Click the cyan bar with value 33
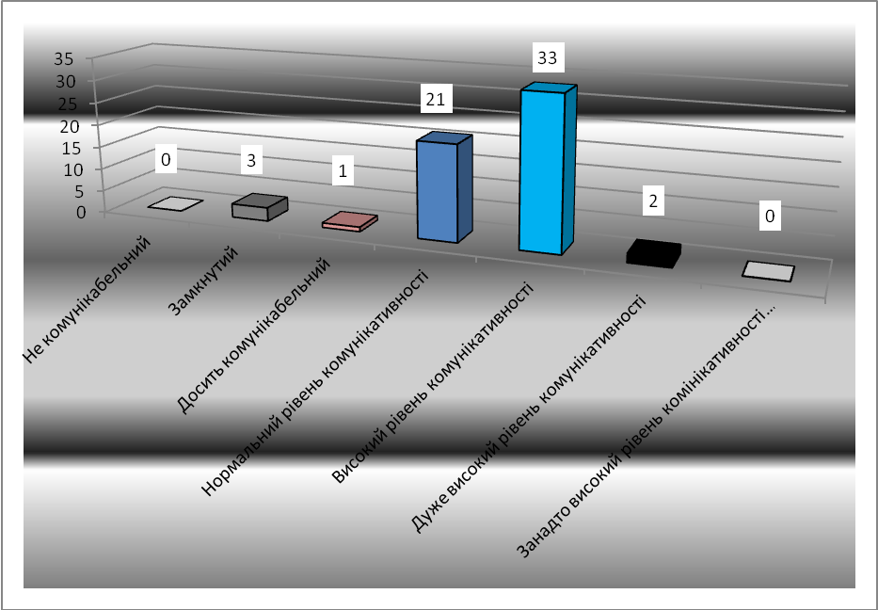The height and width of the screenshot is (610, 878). [x=543, y=171]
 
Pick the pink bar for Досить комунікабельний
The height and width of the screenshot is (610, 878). [x=349, y=221]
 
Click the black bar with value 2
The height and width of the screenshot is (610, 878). [x=652, y=253]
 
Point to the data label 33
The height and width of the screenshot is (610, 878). [x=546, y=58]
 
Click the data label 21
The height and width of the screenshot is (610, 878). [x=439, y=97]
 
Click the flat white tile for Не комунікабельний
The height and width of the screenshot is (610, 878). [x=175, y=204]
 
